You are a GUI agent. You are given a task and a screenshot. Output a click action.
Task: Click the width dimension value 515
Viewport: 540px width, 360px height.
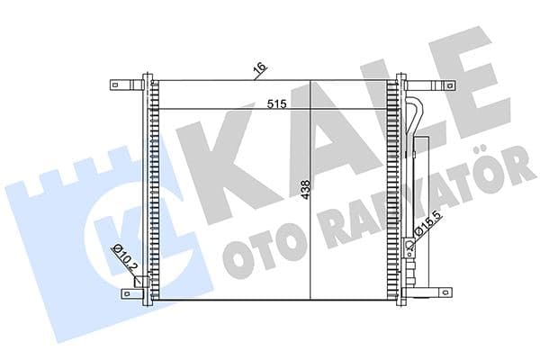[275, 103]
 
